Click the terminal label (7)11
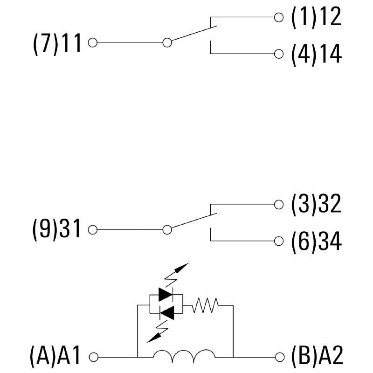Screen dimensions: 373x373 (57, 43)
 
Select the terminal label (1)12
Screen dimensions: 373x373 (316, 18)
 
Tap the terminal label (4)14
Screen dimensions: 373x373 (316, 54)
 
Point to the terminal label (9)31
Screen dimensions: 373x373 (57, 230)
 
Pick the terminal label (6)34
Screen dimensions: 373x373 (316, 242)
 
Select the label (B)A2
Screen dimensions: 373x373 (317, 357)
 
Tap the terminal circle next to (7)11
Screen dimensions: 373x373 (92, 43)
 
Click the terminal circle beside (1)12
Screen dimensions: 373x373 (279, 18)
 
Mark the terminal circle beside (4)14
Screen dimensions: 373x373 (279, 54)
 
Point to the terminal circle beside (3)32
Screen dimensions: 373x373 (279, 204)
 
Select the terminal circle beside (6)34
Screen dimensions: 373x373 (279, 241)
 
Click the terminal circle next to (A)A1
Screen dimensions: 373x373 (93, 357)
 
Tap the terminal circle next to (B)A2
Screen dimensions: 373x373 (279, 357)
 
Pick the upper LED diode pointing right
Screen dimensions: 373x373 (166, 294)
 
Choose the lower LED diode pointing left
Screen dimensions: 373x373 (166, 312)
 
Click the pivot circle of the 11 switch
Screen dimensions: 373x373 (167, 43)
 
